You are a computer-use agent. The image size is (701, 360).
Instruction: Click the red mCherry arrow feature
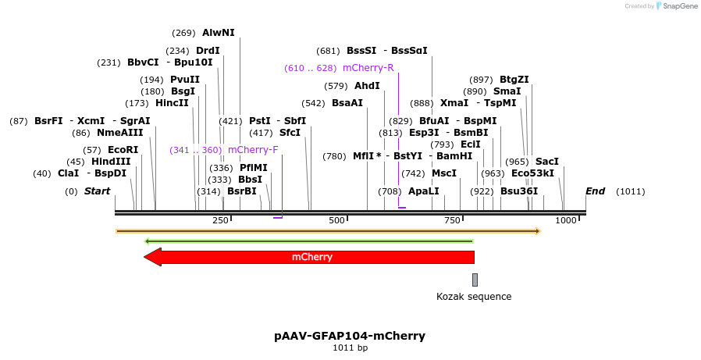(x=312, y=257)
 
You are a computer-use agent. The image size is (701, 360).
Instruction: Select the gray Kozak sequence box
(x=475, y=280)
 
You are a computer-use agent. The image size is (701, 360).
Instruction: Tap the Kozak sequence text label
(x=474, y=297)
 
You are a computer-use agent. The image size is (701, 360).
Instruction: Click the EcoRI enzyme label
(x=123, y=150)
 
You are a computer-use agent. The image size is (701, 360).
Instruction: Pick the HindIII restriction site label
(x=111, y=162)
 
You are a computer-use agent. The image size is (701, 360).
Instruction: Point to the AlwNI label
(x=218, y=33)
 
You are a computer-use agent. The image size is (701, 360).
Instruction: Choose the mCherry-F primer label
(x=253, y=150)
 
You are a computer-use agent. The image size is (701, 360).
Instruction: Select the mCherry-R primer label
(x=368, y=68)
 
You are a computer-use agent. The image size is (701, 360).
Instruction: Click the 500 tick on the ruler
(x=336, y=221)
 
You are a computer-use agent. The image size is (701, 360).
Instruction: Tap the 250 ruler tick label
(x=220, y=221)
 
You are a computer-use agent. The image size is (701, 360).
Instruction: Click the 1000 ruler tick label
(x=566, y=221)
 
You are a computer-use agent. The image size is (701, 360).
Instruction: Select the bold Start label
(x=97, y=191)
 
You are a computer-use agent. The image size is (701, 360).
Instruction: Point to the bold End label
(x=595, y=191)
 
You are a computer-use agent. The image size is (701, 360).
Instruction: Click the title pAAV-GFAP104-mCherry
(x=350, y=336)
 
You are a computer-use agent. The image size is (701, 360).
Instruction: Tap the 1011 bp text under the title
(x=350, y=348)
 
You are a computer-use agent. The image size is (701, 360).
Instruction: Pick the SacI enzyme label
(x=546, y=162)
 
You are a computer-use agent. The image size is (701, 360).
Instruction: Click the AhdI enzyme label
(x=367, y=86)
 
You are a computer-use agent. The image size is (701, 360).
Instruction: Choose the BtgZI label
(x=514, y=80)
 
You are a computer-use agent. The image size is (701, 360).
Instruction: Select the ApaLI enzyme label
(x=423, y=191)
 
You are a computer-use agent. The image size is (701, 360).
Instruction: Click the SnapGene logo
(x=677, y=6)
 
